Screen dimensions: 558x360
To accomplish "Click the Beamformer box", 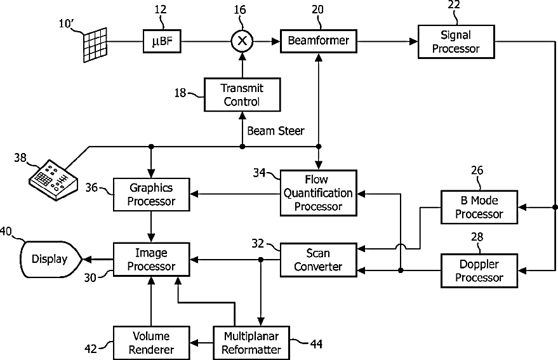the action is tap(319, 41).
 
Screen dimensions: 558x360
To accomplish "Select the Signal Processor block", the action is tap(456, 42).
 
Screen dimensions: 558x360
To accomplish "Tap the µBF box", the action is tap(162, 41).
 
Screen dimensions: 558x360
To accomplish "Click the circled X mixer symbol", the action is tap(242, 41).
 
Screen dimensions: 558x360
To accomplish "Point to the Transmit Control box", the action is tap(242, 95).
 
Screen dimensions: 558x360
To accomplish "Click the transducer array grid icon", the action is tap(95, 45).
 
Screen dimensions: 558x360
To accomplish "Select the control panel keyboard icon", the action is tap(53, 180).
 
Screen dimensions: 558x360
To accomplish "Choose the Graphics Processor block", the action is tap(151, 194).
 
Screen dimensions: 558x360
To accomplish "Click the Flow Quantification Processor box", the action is tap(318, 193).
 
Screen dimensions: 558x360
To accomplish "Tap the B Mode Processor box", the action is tap(479, 207).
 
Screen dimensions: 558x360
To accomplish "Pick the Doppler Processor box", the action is tap(479, 270).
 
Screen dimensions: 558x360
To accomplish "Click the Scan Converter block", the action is tap(318, 260).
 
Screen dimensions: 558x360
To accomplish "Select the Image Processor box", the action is tap(151, 260).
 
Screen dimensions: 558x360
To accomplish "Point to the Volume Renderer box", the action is tap(151, 343).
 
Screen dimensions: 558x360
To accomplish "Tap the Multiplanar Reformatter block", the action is tap(251, 343).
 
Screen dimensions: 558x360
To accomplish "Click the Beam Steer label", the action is tap(276, 131).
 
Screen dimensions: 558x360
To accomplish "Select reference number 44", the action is tap(316, 344).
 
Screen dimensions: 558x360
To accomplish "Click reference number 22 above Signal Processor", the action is tap(454, 5).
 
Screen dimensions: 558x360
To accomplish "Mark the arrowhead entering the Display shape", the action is tap(86, 260).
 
